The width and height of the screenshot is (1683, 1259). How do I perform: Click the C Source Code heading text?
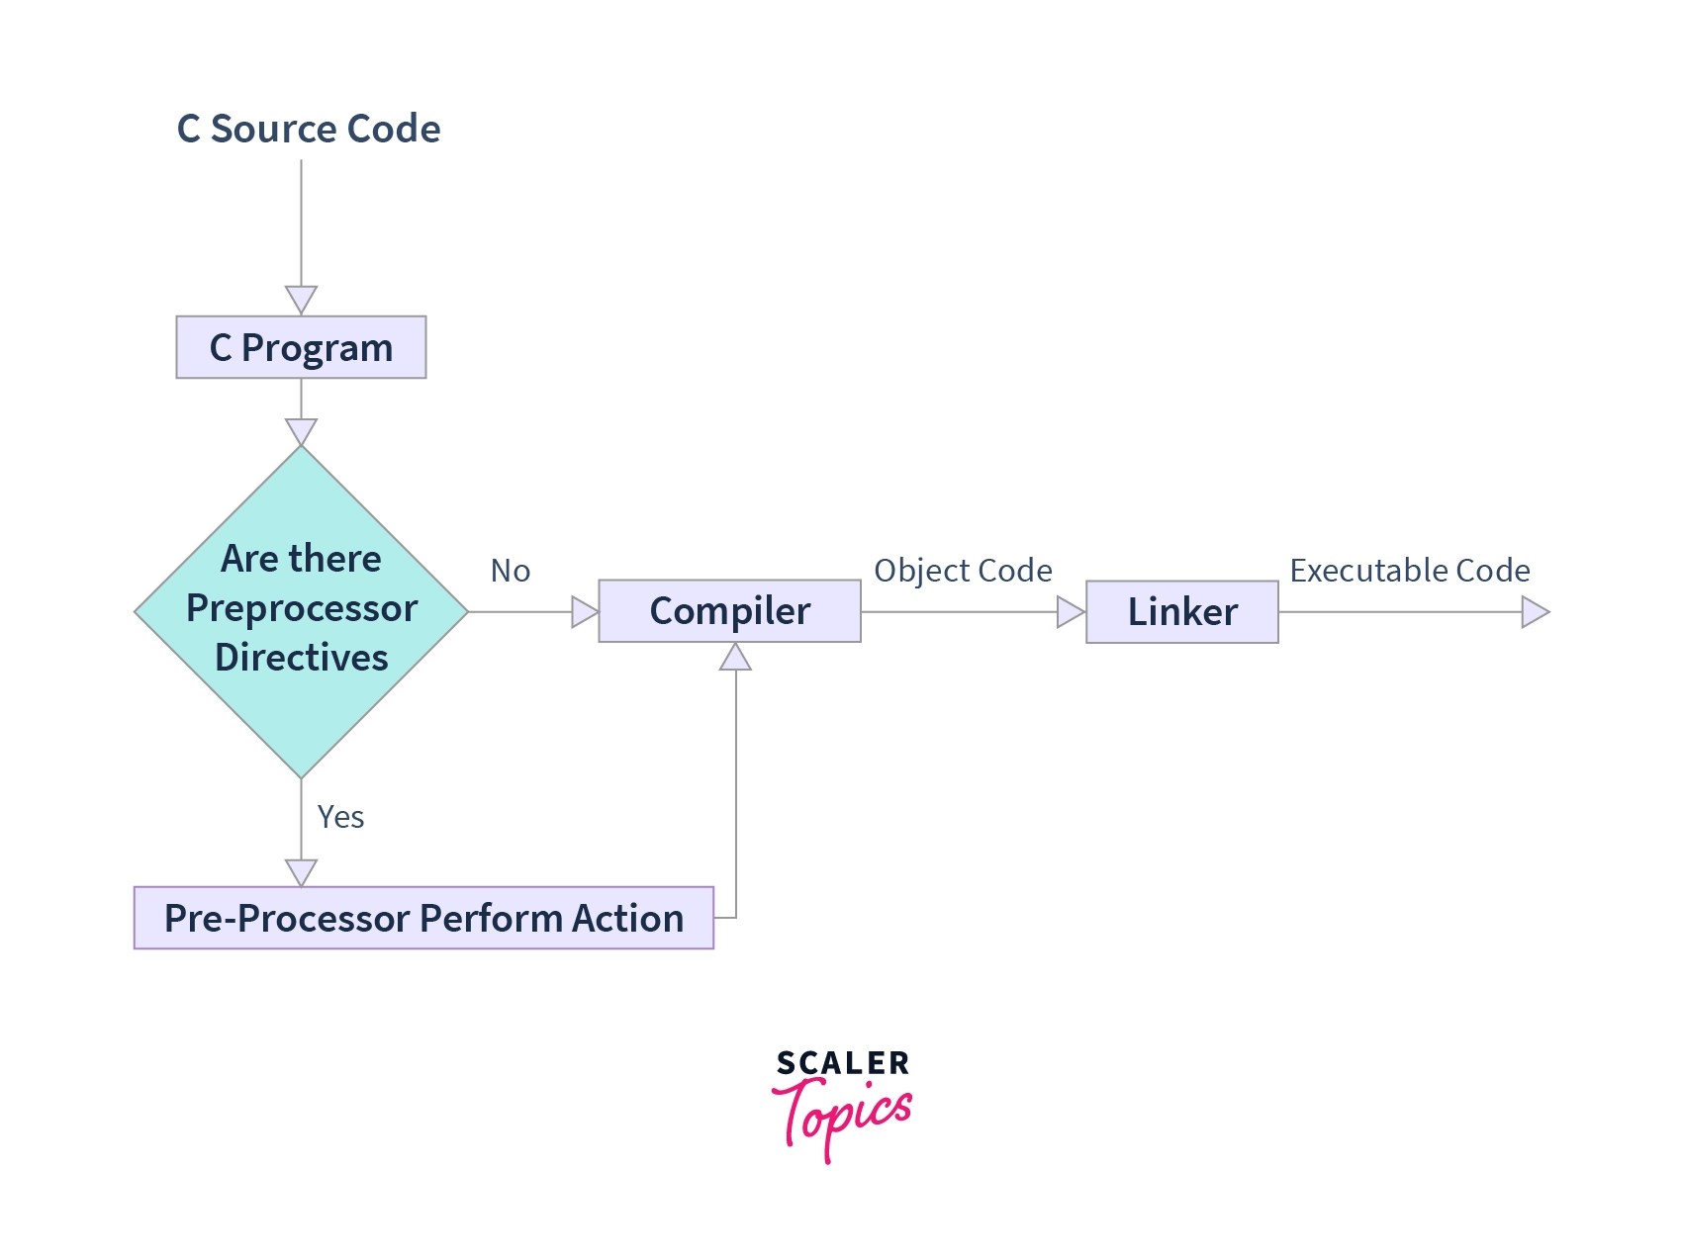[x=309, y=130]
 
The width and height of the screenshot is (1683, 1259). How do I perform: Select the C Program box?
[x=301, y=347]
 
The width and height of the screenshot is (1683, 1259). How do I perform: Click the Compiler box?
[x=729, y=611]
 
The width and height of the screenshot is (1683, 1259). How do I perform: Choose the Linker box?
[x=1181, y=612]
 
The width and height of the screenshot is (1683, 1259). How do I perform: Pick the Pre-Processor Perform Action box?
[x=423, y=918]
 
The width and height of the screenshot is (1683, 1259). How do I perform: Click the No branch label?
[x=511, y=571]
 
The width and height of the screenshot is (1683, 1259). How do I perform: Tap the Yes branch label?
[x=340, y=817]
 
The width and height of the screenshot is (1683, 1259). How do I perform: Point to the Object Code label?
[x=963, y=571]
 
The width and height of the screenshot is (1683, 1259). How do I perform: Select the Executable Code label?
[x=1409, y=571]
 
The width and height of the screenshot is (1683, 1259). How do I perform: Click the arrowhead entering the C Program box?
[x=301, y=299]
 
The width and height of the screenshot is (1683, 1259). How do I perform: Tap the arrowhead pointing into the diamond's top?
[x=301, y=430]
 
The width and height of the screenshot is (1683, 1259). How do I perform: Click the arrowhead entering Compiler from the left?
[x=584, y=612]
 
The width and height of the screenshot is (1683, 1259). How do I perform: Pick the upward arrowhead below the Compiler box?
[x=735, y=658]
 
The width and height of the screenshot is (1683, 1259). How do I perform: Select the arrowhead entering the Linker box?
[x=1070, y=612]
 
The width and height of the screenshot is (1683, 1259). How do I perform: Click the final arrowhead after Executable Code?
[x=1534, y=612]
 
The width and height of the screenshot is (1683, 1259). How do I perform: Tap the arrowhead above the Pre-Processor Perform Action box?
[x=301, y=871]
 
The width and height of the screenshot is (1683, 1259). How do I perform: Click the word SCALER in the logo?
[x=842, y=1064]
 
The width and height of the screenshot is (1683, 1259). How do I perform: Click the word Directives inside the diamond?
[x=301, y=658]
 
